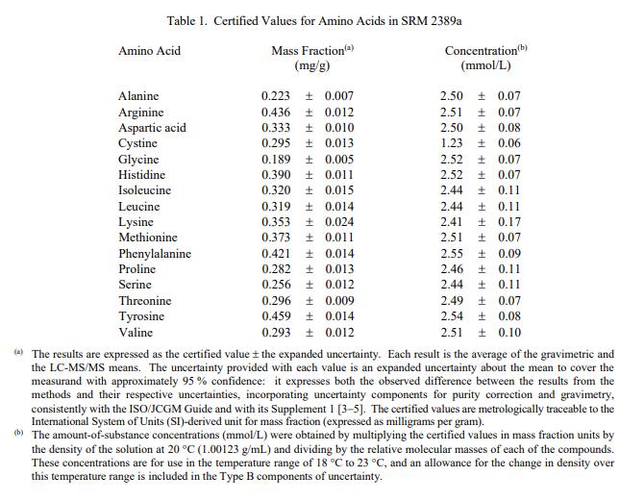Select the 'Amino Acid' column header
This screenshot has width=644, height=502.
149,50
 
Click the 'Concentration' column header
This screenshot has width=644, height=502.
481,51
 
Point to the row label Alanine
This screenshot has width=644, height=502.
138,96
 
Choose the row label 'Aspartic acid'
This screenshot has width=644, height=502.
152,128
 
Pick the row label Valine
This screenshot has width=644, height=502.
136,333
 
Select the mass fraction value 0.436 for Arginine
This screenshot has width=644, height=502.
278,113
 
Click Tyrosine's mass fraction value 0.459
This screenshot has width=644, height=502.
278,316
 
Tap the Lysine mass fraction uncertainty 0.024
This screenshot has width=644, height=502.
338,222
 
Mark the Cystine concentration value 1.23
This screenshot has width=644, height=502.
455,143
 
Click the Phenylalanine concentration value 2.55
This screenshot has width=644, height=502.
455,254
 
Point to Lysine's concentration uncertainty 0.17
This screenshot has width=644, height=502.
509,222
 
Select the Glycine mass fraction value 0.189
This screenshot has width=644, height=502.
278,160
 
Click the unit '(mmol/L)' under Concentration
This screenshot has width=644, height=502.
486,66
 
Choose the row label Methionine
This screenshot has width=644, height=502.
148,238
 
